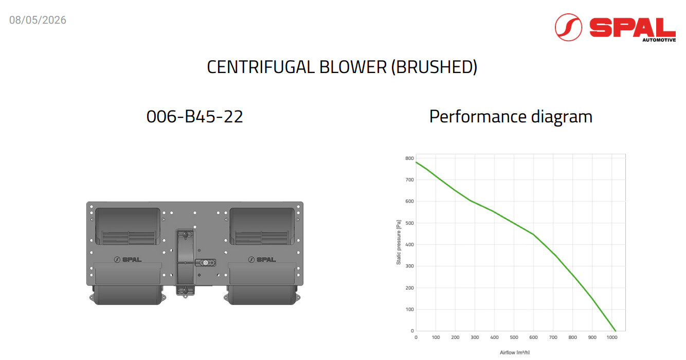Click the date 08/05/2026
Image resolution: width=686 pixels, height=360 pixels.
38,20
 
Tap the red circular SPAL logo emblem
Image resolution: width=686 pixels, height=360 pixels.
568,27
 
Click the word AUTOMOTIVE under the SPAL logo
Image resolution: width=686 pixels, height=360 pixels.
659,40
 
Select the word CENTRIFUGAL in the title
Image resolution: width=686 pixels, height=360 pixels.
261,67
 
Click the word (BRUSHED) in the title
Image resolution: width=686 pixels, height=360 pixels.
434,67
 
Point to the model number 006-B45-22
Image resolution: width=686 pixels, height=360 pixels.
195,117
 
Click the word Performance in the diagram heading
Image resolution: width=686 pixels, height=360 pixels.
478,117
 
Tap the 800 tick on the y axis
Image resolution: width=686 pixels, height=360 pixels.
409,158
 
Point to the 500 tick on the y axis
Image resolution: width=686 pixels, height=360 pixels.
409,223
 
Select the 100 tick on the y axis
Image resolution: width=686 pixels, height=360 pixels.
409,310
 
